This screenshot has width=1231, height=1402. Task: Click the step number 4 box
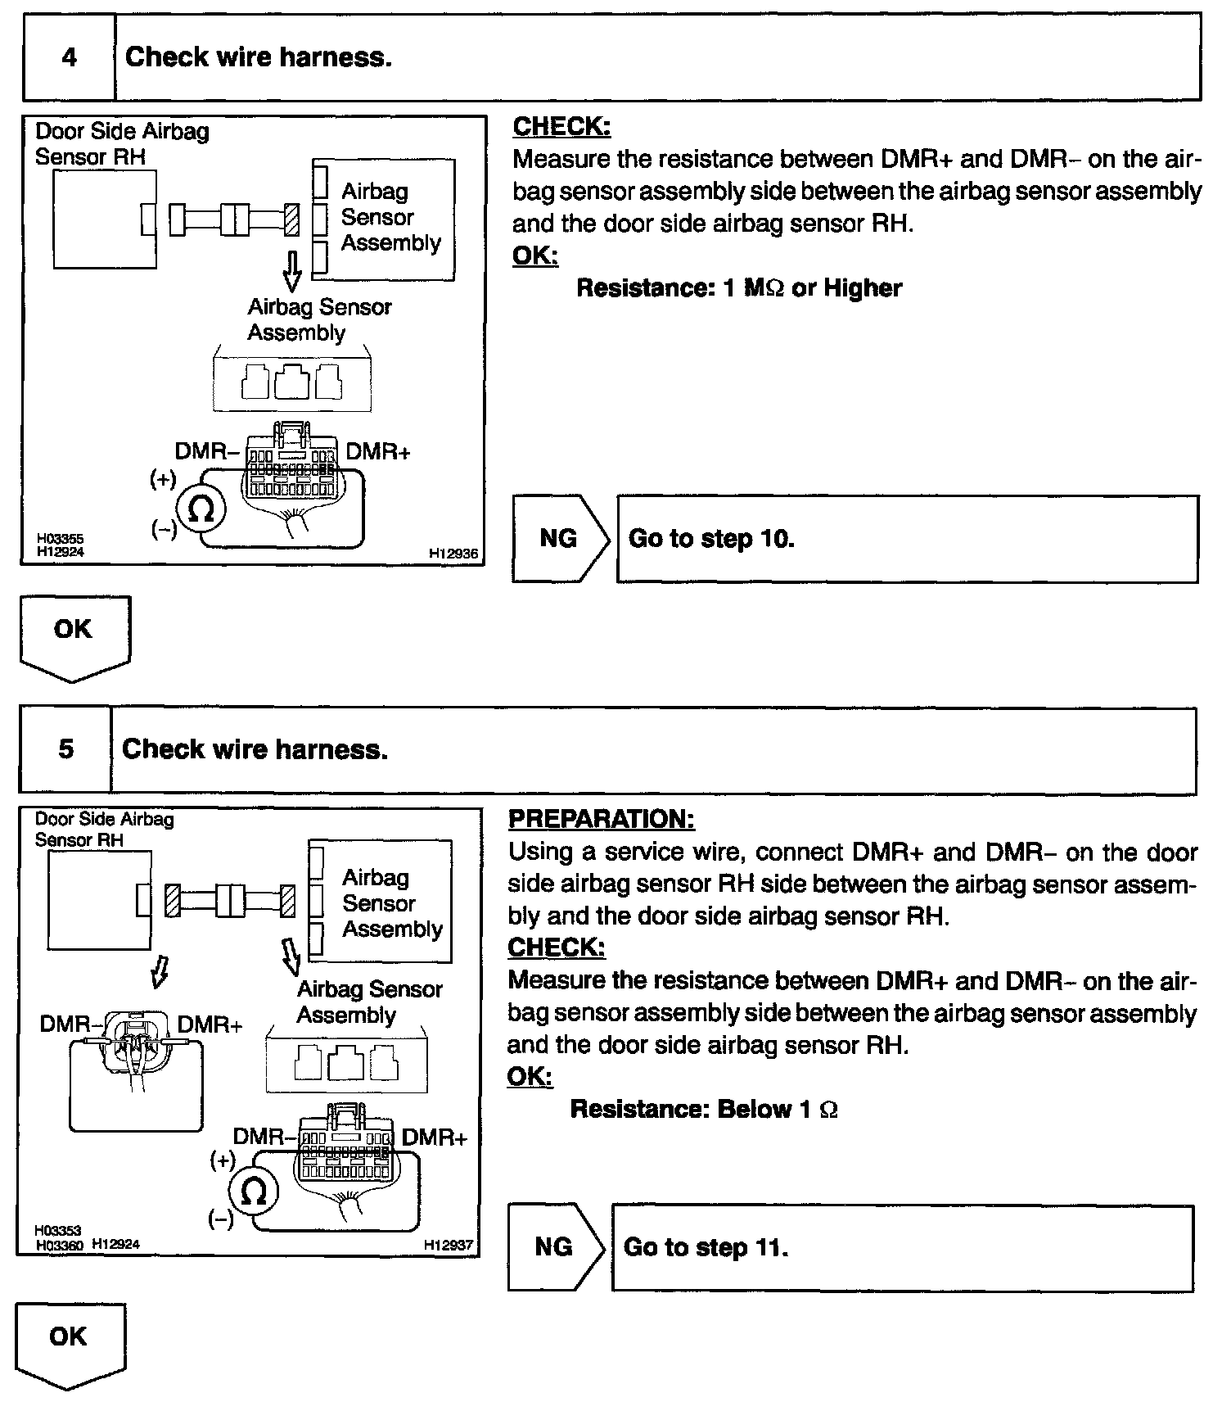[x=70, y=58]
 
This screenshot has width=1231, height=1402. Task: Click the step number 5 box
[x=65, y=749]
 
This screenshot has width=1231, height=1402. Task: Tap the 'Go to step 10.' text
[x=711, y=539]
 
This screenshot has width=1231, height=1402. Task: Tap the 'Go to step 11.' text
[x=706, y=1247]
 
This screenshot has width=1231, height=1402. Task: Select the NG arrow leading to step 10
[x=561, y=539]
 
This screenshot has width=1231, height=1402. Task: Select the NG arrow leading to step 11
[x=556, y=1247]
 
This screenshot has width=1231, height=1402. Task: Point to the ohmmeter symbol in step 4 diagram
[x=200, y=509]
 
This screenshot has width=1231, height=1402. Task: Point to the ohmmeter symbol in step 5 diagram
[x=254, y=1192]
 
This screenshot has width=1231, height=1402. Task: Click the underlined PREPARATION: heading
[x=602, y=819]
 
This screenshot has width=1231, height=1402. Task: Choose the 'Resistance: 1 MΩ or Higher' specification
[x=739, y=288]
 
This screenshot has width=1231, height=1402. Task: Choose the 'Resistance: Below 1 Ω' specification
[x=704, y=1109]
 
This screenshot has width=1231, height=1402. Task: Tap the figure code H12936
[x=453, y=554]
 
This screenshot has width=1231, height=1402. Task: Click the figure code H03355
[x=60, y=539]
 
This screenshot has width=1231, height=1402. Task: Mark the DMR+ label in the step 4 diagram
[x=378, y=452]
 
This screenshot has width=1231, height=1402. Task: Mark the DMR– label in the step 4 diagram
[x=207, y=452]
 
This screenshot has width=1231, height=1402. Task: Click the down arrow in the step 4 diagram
[x=291, y=271]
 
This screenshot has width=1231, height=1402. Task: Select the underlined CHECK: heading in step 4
[x=561, y=127]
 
